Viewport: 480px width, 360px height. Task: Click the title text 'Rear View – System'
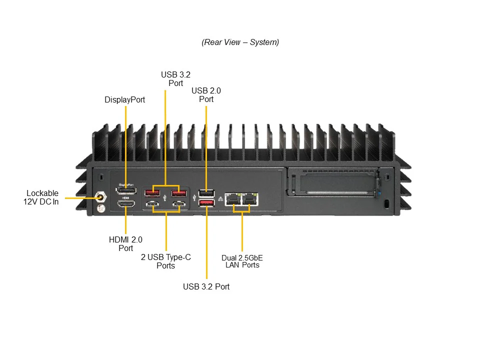pos(240,42)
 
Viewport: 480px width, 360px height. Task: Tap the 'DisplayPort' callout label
pos(124,99)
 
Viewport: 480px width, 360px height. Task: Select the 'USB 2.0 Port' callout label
pos(206,95)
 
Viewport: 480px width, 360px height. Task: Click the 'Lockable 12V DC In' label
pos(42,197)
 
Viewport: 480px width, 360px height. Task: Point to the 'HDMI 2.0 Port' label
pos(125,244)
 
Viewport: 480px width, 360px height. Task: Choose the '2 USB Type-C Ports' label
pos(165,261)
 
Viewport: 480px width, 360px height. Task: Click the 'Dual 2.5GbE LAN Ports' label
pos(242,261)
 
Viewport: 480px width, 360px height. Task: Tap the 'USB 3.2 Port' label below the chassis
pos(206,286)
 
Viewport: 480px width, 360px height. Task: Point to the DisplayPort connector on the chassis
pos(126,190)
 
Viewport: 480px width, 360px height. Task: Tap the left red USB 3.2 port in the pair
pos(152,192)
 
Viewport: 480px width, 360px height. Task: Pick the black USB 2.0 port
pos(206,192)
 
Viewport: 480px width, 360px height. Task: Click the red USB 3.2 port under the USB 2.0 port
pos(206,202)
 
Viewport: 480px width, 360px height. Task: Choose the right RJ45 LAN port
pos(250,198)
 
